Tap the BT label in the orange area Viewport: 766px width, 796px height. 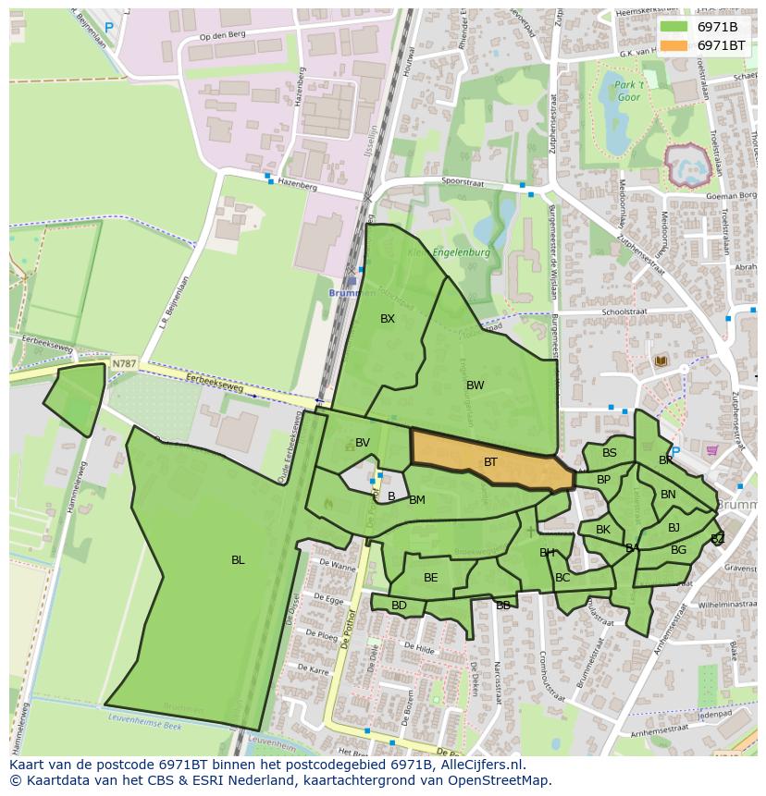pyautogui.click(x=490, y=461)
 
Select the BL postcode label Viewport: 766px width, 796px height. pyautogui.click(x=238, y=560)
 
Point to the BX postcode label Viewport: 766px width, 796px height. pyautogui.click(x=388, y=319)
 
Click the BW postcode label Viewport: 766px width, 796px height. pyautogui.click(x=475, y=386)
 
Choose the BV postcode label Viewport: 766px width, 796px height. pyautogui.click(x=363, y=443)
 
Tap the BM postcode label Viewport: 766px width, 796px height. pyautogui.click(x=417, y=500)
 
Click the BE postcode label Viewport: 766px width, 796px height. pyautogui.click(x=430, y=578)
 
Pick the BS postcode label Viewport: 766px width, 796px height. pyautogui.click(x=609, y=453)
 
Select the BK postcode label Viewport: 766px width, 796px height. pyautogui.click(x=603, y=530)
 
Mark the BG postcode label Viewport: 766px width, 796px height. pyautogui.click(x=678, y=550)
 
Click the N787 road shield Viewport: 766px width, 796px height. pyautogui.click(x=124, y=364)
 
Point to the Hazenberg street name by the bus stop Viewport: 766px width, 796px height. pyautogui.click(x=297, y=187)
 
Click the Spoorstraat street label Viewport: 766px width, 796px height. pyautogui.click(x=463, y=182)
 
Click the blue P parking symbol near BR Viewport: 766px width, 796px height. pyautogui.click(x=675, y=451)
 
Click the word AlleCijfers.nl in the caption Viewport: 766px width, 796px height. pyautogui.click(x=479, y=765)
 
